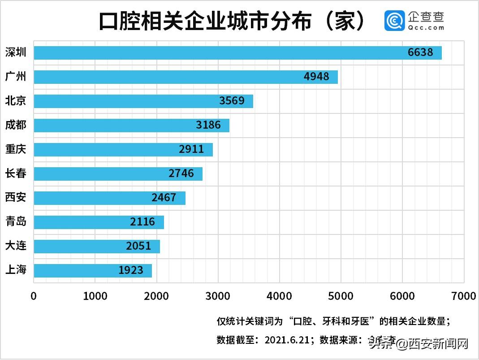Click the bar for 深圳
237,52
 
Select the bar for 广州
186,77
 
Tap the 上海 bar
93,270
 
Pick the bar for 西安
109,198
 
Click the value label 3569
232,101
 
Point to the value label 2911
191,149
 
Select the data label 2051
138,246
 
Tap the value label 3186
208,125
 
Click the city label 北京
16,101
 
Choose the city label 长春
16,173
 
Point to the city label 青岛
16,222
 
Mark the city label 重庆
16,149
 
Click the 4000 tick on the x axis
280,296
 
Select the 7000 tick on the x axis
463,296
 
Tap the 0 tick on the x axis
34,296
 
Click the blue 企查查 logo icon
394,21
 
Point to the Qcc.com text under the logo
426,27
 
